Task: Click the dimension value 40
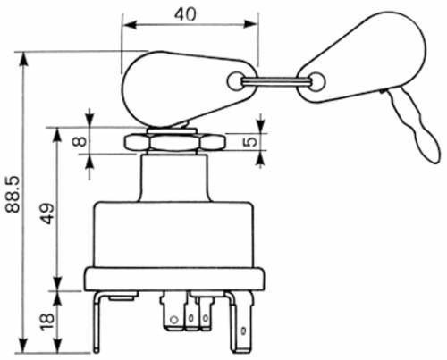pos(185,14)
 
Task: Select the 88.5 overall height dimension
pos(13,194)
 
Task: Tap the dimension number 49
pos(48,213)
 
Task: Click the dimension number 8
pos(80,141)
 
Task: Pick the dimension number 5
pos(251,142)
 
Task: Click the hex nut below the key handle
pos(174,142)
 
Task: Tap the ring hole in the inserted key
pos(235,80)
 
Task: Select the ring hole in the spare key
pos(316,81)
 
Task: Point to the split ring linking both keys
pos(275,81)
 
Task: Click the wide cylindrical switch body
pos(173,235)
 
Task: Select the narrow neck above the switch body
pos(174,177)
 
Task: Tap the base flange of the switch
pos(174,279)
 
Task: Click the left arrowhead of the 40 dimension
pos(129,25)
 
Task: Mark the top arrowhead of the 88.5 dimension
pos(23,59)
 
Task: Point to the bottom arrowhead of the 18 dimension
pos(58,347)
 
